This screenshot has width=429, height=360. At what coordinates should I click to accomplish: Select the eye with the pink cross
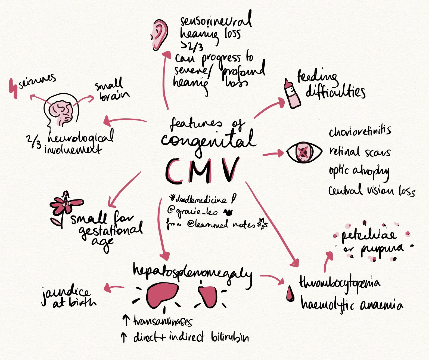[304, 153]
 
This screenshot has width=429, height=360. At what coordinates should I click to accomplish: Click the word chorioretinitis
[359, 132]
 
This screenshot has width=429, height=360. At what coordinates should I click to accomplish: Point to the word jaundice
[65, 293]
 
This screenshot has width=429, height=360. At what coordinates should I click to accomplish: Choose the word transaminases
[162, 322]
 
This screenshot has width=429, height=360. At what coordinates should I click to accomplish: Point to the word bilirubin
[230, 337]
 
